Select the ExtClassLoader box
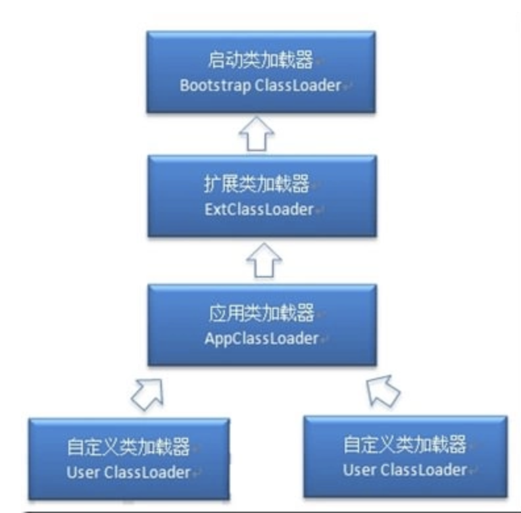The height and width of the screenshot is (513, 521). tap(262, 196)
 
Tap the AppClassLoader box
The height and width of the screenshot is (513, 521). tap(262, 325)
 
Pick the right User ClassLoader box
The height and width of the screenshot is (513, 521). tap(405, 455)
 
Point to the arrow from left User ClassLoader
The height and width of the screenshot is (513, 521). tap(146, 392)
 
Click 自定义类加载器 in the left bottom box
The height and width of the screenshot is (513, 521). tap(128, 448)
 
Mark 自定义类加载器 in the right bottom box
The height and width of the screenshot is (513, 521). tap(405, 445)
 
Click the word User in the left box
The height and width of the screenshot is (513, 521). tap(83, 472)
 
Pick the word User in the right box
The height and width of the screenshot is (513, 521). tap(359, 470)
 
